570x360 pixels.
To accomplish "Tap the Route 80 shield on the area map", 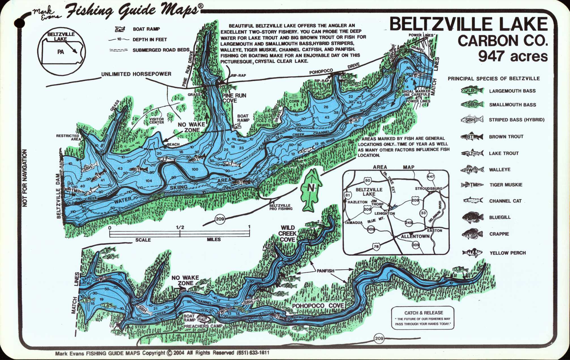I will coord(368,180).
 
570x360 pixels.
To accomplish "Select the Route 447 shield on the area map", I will coord(430,177).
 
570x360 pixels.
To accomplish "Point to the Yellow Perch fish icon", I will coord(472,252).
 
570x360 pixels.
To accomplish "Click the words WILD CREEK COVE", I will coord(288,234).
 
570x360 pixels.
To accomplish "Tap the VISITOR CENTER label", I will coord(157,121).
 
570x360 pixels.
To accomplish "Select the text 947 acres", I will coord(513,56).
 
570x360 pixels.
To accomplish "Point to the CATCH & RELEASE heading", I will coord(424,313).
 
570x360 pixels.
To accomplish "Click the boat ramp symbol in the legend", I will coord(120,29).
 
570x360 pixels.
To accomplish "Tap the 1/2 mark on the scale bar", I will coord(180,227).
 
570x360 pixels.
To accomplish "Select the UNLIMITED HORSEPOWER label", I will coord(136,74).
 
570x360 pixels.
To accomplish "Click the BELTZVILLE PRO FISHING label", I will coord(281,207).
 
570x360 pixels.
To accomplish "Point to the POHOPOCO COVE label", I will coord(318,306).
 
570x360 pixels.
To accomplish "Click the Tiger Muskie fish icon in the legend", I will coord(472,185).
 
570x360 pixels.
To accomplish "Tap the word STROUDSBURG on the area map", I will coord(428,189).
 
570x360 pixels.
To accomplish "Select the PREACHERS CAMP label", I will coord(203,326).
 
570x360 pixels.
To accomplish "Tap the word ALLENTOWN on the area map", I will coord(415,236).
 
